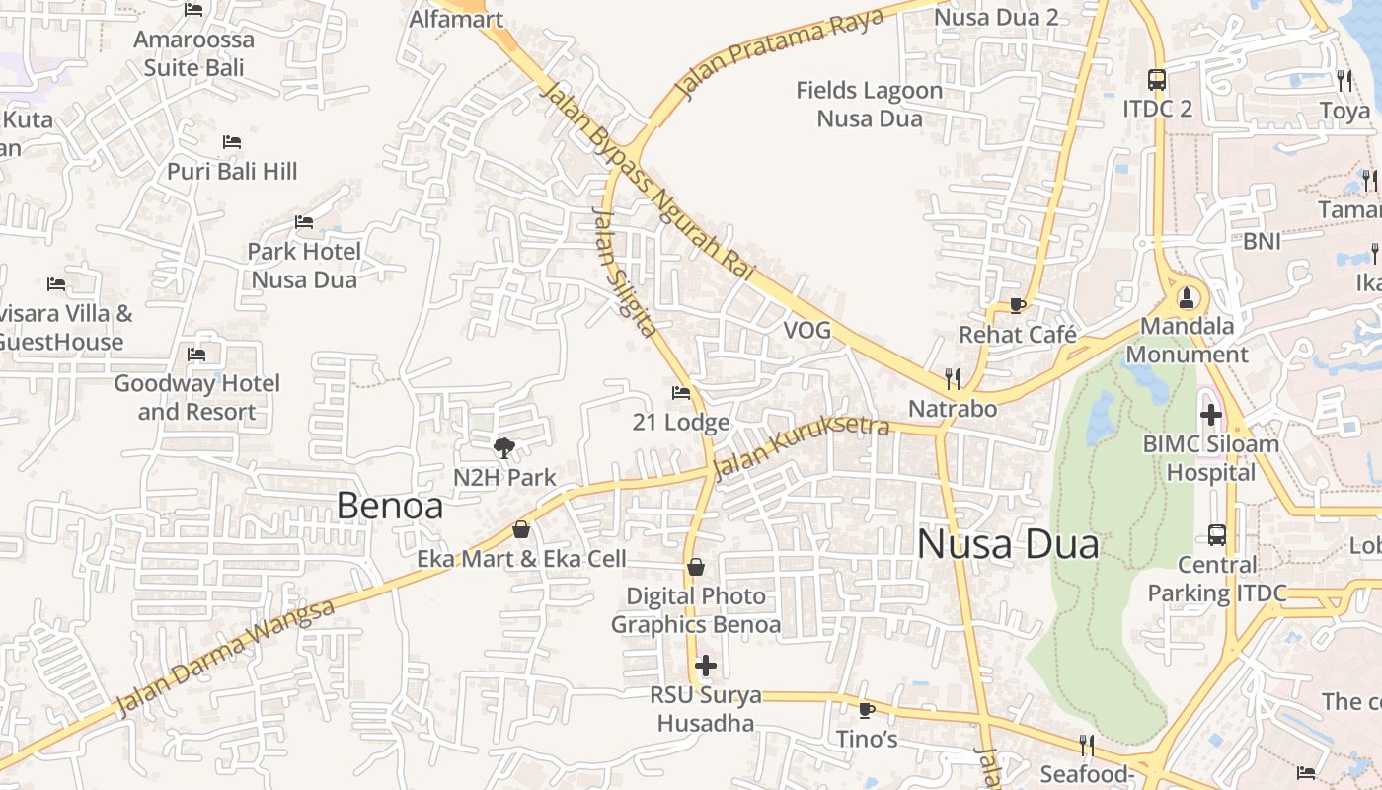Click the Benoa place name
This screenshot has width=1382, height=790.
(x=389, y=506)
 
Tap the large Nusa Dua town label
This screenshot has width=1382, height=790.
(x=1008, y=544)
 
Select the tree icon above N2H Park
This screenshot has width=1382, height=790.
(x=504, y=448)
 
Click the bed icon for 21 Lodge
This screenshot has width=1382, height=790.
(x=681, y=393)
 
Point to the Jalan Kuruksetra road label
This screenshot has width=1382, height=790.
(x=801, y=446)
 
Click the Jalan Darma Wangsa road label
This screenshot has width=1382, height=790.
(x=226, y=657)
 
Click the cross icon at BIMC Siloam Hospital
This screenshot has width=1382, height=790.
(x=1211, y=415)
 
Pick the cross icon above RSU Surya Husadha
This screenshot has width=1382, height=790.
(x=706, y=666)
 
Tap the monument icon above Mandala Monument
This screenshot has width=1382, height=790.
(x=1188, y=295)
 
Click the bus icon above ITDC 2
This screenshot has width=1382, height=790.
(x=1157, y=79)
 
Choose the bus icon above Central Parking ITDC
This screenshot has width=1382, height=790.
(x=1217, y=535)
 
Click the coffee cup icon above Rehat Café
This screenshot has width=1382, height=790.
(x=1018, y=305)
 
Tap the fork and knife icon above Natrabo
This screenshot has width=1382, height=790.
(x=953, y=378)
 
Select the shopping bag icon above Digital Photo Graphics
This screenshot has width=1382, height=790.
(x=696, y=567)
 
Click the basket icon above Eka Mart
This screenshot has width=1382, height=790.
(x=521, y=529)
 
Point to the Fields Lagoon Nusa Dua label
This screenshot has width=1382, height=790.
(x=870, y=105)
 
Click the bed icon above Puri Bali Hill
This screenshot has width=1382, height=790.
(x=232, y=142)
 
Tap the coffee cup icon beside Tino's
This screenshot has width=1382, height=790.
(x=867, y=709)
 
